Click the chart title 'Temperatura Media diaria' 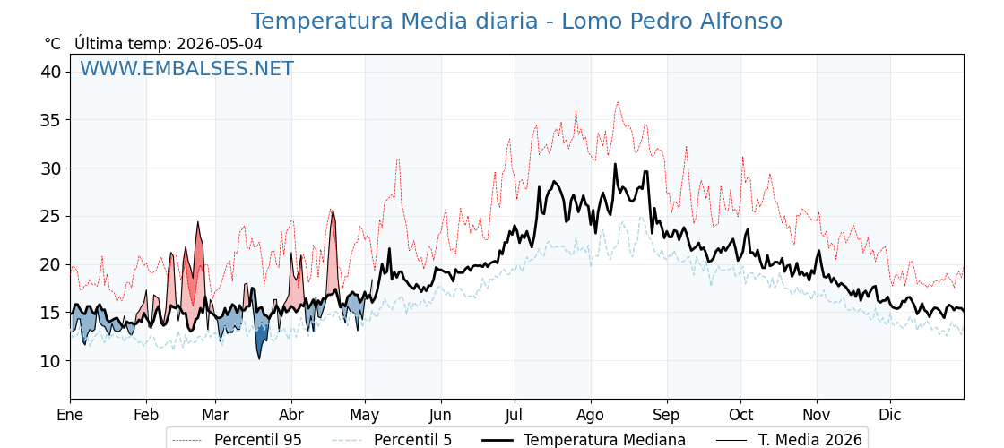point(394,22)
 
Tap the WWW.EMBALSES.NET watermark point(187,68)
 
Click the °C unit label point(53,44)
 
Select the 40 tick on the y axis point(53,73)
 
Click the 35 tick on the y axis point(53,120)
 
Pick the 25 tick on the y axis point(53,216)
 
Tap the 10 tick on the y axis point(53,361)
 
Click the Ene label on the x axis point(71,415)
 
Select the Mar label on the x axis point(216,415)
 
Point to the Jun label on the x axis point(440,415)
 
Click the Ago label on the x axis point(591,416)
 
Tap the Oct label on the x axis point(740,415)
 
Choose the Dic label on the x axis point(890,415)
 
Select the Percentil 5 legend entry point(392,440)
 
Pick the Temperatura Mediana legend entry point(584,440)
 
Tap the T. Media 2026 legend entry point(790,440)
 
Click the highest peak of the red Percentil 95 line point(618,102)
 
